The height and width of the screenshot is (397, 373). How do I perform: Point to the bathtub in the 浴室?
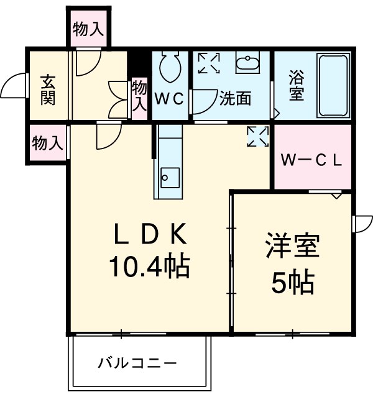point(334,85)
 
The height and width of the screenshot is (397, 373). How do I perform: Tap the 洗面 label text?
point(235,99)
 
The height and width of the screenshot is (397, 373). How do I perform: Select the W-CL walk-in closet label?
point(311,159)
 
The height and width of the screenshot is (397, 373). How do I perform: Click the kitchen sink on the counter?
point(169,175)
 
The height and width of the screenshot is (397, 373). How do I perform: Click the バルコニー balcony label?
point(137,362)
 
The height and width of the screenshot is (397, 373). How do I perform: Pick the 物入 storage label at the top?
point(88,29)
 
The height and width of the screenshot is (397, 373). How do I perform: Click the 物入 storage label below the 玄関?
point(47,144)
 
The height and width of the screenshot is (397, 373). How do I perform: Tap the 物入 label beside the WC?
point(139,96)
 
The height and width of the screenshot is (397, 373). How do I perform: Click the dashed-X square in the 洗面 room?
point(208,63)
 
